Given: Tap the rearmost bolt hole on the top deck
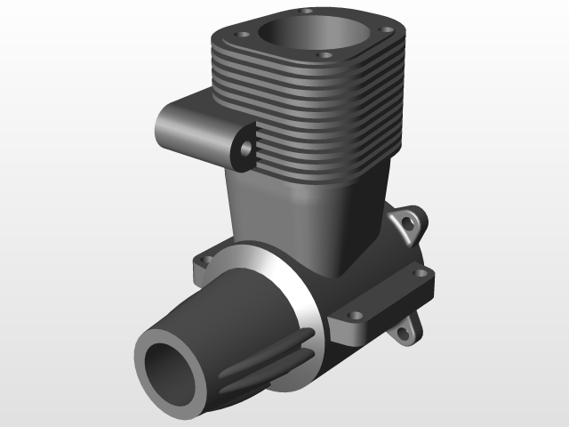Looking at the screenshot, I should coord(307,12).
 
